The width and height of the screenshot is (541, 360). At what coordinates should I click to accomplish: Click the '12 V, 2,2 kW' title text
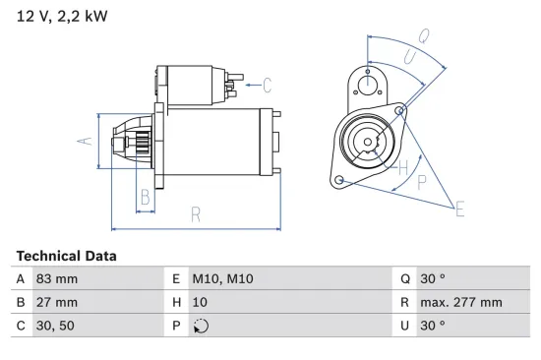(x=61, y=17)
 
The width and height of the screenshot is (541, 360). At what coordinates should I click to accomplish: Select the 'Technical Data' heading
(x=66, y=256)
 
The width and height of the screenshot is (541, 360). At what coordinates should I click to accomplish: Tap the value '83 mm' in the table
(x=58, y=279)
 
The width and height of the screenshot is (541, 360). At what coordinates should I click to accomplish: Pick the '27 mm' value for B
(x=58, y=302)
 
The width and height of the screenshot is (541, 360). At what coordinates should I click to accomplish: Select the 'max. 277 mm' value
(x=461, y=302)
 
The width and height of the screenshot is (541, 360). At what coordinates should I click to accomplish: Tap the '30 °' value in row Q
(x=433, y=279)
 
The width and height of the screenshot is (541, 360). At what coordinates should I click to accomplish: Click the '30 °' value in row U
(x=433, y=325)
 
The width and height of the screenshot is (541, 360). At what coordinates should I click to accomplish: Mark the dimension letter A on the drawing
(x=86, y=141)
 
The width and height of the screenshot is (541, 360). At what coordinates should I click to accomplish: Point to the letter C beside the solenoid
(x=267, y=85)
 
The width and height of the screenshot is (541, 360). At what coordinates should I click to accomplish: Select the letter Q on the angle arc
(x=423, y=35)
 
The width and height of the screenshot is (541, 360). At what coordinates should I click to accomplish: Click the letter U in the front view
(x=409, y=58)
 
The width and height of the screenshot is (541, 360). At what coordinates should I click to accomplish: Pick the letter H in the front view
(x=402, y=167)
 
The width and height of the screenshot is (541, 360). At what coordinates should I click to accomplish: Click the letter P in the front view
(x=421, y=181)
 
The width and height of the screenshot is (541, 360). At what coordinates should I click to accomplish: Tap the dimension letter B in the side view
(x=145, y=196)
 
